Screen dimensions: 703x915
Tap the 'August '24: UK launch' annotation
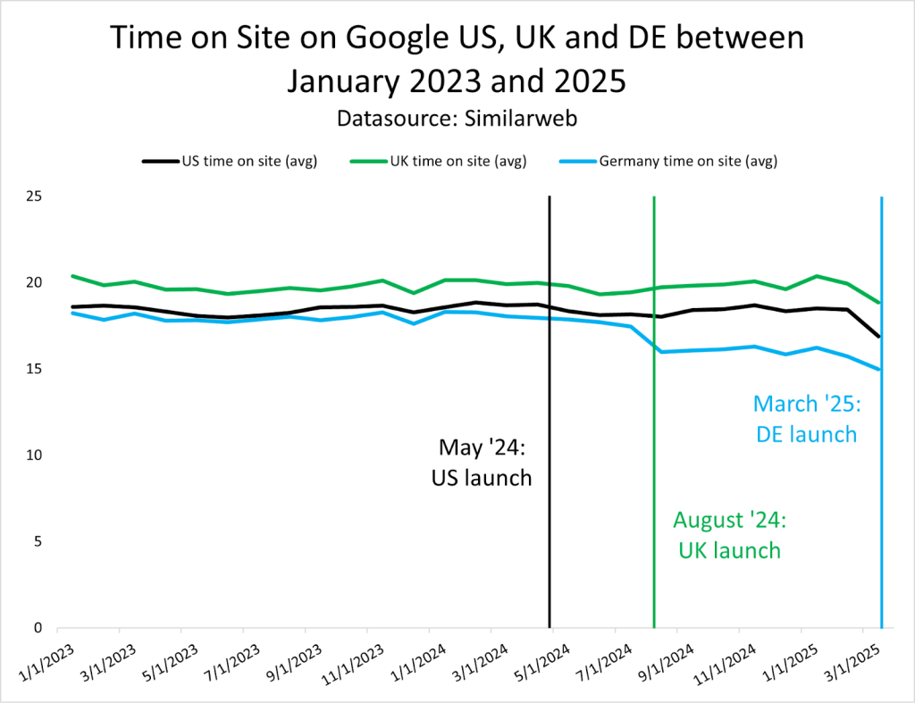coord(727,534)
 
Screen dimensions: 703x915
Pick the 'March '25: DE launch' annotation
coord(806,419)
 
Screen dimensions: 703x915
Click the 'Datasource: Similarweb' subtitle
coord(457,117)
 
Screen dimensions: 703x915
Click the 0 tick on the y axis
coord(38,628)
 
